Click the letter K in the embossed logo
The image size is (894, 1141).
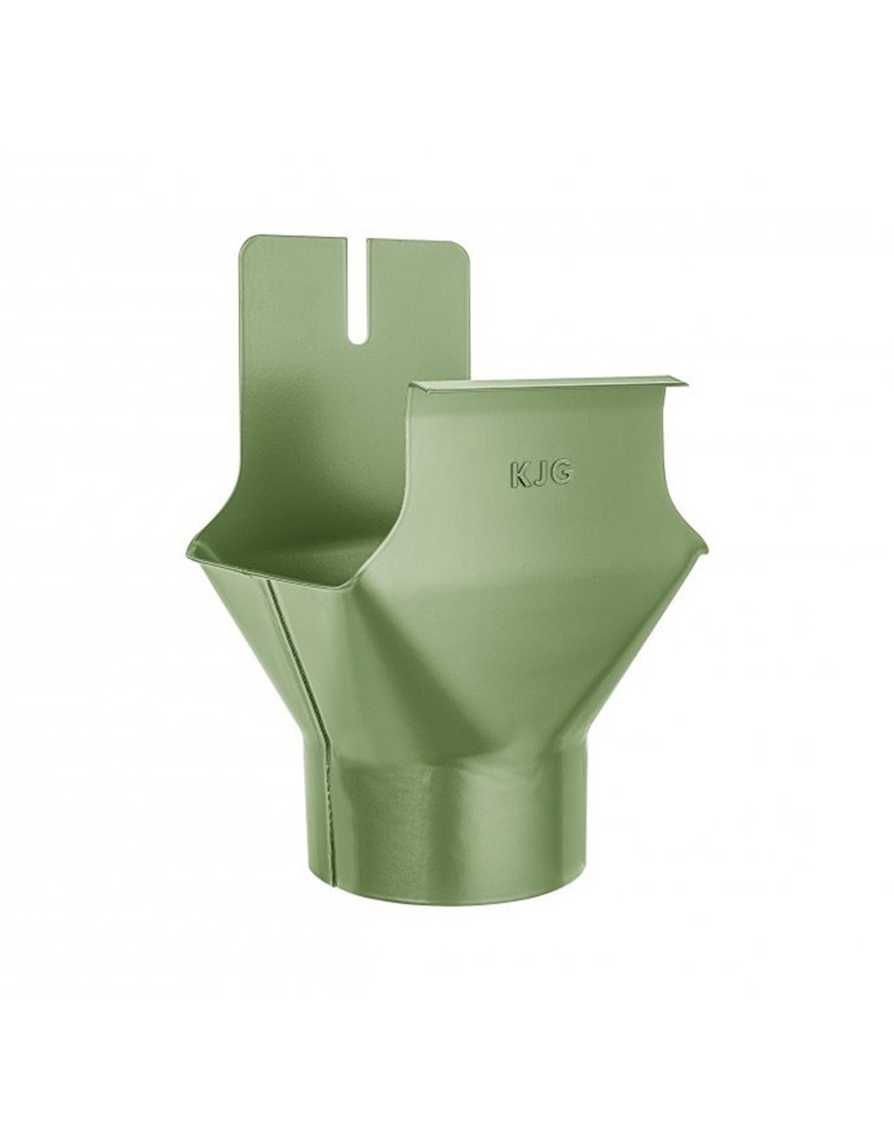pyautogui.click(x=518, y=474)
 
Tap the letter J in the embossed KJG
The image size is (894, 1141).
pyautogui.click(x=539, y=474)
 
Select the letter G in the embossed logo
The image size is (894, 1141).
pyautogui.click(x=561, y=474)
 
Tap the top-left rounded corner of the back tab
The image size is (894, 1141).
pyautogui.click(x=246, y=244)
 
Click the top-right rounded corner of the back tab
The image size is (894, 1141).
pyautogui.click(x=463, y=248)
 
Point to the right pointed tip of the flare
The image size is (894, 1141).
pyautogui.click(x=705, y=551)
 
